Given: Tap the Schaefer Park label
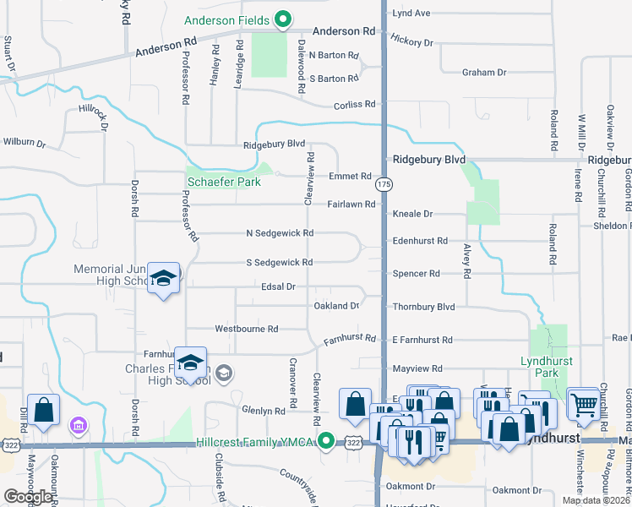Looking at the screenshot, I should (x=223, y=181).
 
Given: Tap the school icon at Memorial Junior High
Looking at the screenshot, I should (x=163, y=278).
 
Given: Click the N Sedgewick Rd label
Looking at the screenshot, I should (x=280, y=233).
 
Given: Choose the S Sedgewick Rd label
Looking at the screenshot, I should (x=280, y=263).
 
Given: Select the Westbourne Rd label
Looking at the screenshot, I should (x=247, y=329).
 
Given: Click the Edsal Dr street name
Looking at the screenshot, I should (x=278, y=287).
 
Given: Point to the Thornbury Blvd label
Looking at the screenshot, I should (x=423, y=307).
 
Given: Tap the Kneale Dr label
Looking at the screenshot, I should (x=412, y=215).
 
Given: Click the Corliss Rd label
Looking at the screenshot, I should (x=354, y=104).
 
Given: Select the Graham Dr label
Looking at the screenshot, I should (x=484, y=73).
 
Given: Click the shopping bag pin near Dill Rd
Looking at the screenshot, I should (x=44, y=409).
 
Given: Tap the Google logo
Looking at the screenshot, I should (x=28, y=496).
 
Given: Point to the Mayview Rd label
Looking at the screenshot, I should (x=417, y=369).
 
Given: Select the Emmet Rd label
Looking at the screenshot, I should (x=350, y=177).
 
